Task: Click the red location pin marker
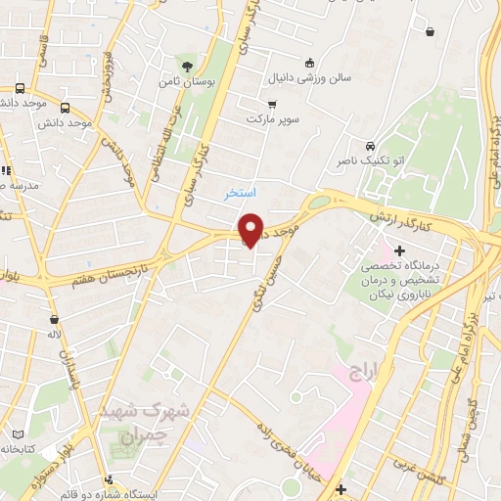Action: [251, 229]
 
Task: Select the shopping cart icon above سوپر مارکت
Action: [272, 104]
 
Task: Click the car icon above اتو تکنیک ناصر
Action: [370, 145]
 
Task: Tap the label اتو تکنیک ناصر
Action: [370, 160]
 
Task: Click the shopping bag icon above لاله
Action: [52, 319]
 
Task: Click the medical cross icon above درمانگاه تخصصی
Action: [399, 251]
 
